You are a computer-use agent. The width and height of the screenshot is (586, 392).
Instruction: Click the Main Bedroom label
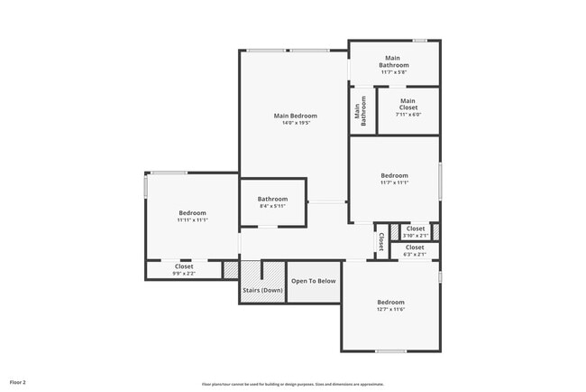click(296, 116)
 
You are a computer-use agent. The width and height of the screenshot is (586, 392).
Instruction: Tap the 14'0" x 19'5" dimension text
click(296, 123)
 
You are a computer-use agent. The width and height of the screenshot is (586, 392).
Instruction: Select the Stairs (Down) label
click(262, 290)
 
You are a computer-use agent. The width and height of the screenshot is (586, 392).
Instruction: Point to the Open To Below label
click(313, 281)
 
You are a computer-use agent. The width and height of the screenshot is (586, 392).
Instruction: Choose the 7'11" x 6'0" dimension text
click(408, 115)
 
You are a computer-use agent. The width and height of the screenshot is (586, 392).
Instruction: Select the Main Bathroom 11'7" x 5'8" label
click(394, 61)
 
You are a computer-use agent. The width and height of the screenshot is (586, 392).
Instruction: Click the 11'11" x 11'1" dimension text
click(192, 219)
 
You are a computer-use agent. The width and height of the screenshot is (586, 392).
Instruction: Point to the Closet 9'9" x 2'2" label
click(184, 269)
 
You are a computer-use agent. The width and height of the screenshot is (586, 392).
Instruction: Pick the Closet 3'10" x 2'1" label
click(416, 232)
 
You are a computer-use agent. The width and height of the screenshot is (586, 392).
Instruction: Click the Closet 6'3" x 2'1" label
click(415, 250)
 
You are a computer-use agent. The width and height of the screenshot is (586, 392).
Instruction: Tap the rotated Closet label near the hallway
click(381, 242)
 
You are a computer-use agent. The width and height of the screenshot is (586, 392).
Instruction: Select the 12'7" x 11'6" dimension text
click(390, 309)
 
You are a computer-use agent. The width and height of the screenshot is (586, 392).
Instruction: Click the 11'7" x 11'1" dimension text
click(394, 182)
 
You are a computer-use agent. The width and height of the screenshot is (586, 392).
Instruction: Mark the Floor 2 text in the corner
click(18, 382)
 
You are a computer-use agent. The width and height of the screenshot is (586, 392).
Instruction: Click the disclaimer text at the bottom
click(293, 383)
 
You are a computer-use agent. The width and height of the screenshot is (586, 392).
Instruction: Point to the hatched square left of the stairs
click(231, 270)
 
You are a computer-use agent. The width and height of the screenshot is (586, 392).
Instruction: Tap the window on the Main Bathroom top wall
click(419, 40)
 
